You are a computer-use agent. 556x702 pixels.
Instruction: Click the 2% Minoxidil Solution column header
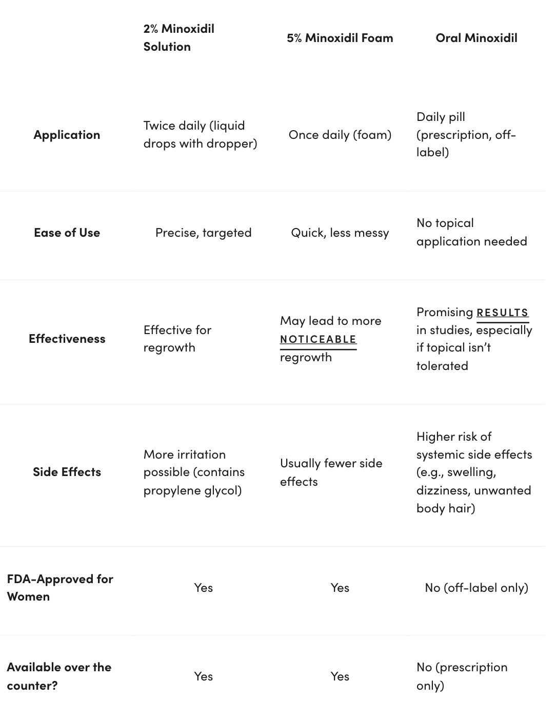click(178, 37)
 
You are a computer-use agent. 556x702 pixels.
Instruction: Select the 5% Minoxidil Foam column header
click(340, 38)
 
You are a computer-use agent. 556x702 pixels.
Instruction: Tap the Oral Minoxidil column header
click(476, 38)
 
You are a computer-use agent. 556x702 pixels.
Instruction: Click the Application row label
click(67, 135)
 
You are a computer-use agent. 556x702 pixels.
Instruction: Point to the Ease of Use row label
click(67, 233)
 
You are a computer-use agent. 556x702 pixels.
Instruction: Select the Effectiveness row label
click(67, 339)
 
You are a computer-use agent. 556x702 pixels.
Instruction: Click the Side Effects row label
click(67, 472)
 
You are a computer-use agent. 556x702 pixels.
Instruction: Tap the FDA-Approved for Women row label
click(59, 588)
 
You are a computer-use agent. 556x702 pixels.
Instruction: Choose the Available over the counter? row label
click(59, 676)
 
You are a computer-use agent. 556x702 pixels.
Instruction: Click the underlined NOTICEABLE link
click(318, 339)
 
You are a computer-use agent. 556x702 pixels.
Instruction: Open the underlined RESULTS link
click(502, 313)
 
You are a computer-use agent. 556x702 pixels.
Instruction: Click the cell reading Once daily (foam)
click(340, 135)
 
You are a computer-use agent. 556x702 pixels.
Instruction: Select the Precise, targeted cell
click(203, 233)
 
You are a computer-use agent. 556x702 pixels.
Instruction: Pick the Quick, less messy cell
click(340, 233)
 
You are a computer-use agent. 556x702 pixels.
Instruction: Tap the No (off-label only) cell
click(476, 588)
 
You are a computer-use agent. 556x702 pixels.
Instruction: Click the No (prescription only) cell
click(462, 676)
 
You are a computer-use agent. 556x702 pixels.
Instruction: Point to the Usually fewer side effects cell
click(331, 472)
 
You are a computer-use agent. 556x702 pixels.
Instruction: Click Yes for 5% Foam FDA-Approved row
click(340, 588)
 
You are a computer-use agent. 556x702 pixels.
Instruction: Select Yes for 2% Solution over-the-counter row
click(203, 676)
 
